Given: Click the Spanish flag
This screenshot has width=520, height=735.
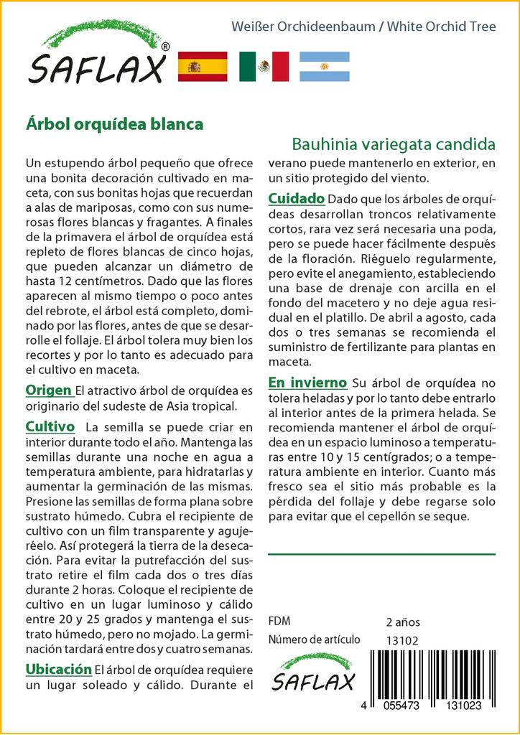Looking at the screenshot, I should tap(203, 67).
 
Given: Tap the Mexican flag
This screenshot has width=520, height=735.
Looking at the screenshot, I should tap(264, 67).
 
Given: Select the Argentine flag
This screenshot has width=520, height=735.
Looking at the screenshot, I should tap(324, 67).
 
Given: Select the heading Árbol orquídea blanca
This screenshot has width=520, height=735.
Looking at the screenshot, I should tap(114, 123).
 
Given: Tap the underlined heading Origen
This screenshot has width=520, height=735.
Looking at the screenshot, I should tap(48, 390).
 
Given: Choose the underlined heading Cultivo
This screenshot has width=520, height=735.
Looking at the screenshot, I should tap(50, 426).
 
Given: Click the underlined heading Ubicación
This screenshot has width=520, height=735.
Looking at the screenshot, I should tap(58, 669).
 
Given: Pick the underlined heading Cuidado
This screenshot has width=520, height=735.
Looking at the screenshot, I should tap(297, 198).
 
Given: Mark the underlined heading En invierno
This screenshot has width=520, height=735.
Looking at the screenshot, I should tap(307, 382).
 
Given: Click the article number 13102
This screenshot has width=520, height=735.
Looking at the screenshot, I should tap(402, 640).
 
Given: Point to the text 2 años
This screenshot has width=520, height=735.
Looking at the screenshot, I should tap(403, 622).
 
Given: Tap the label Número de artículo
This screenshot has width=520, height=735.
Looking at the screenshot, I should tap(314, 640).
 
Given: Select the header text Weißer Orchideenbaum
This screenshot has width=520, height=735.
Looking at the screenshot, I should tap(303, 27).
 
